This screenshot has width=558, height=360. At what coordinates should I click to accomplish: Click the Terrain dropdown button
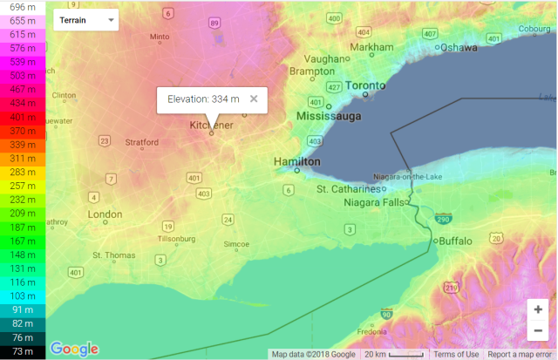pos(85,19)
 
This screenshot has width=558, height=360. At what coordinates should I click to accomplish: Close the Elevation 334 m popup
pos(254,98)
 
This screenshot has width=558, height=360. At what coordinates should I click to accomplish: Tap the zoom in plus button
pos(538,309)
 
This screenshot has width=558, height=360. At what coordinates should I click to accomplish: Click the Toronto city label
pos(364,85)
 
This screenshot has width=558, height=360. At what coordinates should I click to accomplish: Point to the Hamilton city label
pos(297,162)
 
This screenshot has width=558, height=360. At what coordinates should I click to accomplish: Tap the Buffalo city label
pos(455,241)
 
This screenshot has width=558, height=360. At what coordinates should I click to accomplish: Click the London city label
pos(105,214)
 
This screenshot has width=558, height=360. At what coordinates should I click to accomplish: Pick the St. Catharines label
pos(349,188)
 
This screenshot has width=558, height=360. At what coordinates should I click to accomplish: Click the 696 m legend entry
pos(23,6)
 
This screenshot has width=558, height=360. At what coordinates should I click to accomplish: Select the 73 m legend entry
pos(23,351)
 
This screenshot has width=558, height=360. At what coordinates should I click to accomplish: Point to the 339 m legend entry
pos(23,145)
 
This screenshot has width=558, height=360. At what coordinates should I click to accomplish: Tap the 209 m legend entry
pos(23,213)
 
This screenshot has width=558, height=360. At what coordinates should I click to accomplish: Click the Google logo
pos(74,349)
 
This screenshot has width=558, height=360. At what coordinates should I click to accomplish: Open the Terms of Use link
pos(456,354)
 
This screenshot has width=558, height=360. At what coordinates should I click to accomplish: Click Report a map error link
pos(521,354)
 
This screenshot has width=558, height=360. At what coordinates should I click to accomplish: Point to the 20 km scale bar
pos(393,354)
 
